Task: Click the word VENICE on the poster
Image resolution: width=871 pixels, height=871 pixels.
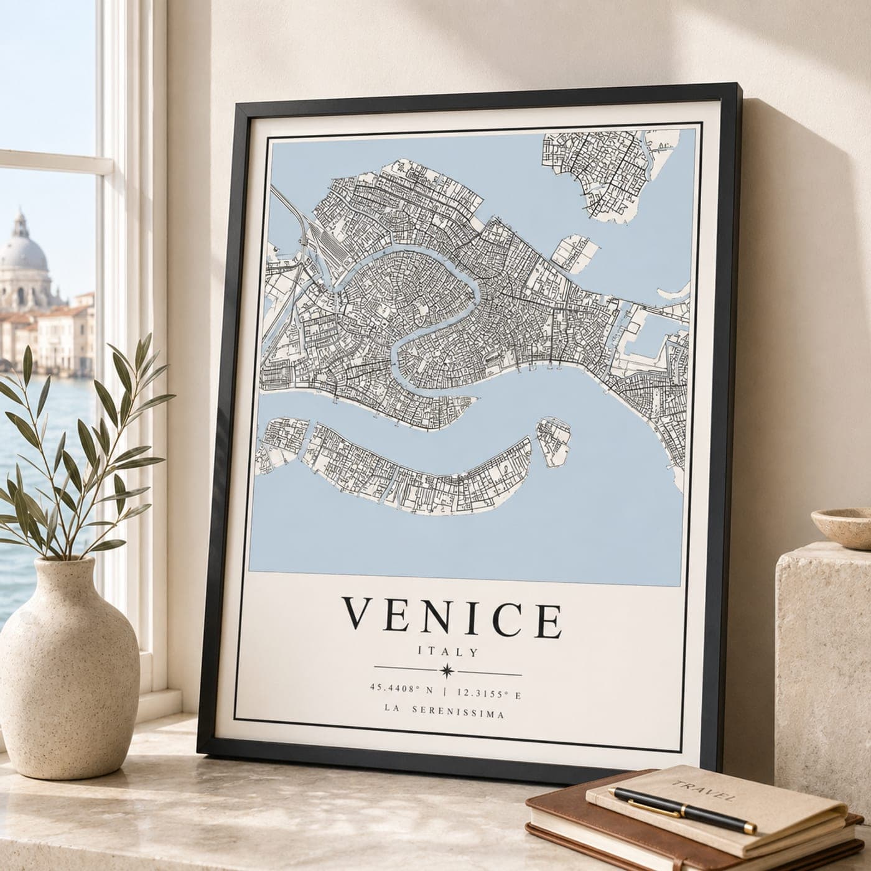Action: (453, 617)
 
